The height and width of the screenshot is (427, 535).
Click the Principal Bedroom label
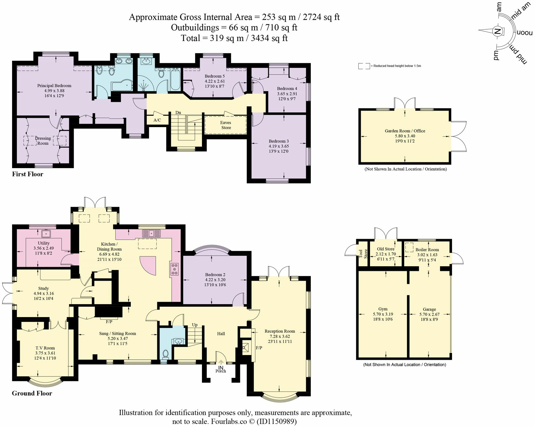coord(54,86)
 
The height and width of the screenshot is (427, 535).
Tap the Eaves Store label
coord(226,125)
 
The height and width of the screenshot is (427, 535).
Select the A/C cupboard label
coord(157,120)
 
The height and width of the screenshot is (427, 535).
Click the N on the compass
coord(497,31)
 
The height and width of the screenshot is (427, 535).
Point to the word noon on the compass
coord(525,32)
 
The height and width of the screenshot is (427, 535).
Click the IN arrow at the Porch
coord(221,363)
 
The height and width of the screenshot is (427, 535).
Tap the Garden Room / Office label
coord(405,131)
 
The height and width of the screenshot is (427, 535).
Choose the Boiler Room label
coord(427,250)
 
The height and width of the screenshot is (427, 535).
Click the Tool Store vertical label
coord(363,253)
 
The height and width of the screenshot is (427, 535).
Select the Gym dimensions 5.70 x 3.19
coord(383,314)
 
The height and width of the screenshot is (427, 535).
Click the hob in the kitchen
coord(175,269)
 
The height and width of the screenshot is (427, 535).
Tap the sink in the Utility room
coord(47,234)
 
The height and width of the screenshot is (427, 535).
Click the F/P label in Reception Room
coord(259,348)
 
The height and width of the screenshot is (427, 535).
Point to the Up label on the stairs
coord(195,325)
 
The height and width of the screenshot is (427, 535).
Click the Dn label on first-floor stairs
coord(178,113)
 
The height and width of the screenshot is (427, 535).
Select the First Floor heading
coord(27,174)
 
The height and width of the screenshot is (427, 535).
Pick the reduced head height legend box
coord(364,66)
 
